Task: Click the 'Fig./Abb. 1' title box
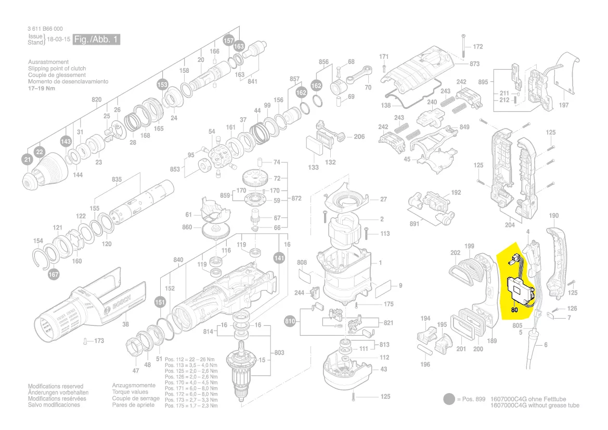96,40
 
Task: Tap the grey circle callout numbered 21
27,159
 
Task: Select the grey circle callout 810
290,321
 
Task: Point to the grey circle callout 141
279,258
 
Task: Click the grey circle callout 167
54,274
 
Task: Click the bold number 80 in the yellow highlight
514,310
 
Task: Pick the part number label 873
474,64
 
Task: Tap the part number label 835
117,179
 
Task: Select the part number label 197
563,105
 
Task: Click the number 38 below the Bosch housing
125,324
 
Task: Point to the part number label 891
414,224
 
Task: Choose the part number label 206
359,136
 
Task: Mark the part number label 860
187,227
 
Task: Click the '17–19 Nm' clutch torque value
42,88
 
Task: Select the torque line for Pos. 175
191,406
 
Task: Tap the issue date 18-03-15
59,40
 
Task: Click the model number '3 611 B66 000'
45,29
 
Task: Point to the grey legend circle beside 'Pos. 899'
449,399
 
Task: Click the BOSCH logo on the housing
121,302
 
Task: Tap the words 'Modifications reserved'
56,386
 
